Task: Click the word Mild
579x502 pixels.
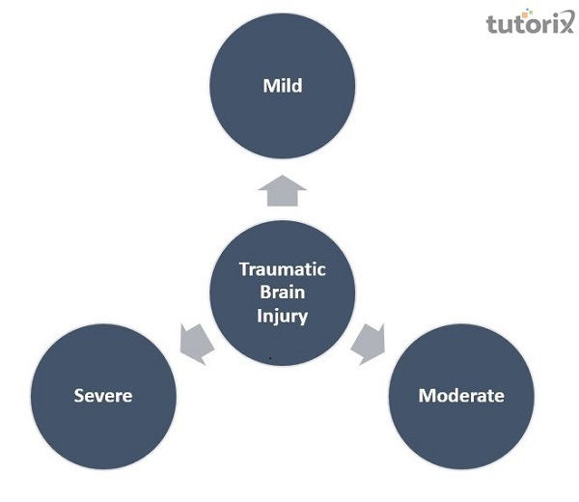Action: [283, 86]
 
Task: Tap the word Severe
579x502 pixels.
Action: [103, 396]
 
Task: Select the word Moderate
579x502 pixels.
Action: [461, 396]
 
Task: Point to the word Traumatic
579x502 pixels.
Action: [283, 269]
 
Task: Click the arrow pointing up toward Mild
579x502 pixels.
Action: [283, 190]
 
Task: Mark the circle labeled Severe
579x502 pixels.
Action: [103, 425]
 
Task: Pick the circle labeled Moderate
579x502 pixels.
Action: [461, 425]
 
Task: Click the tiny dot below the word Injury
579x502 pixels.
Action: [271, 357]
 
